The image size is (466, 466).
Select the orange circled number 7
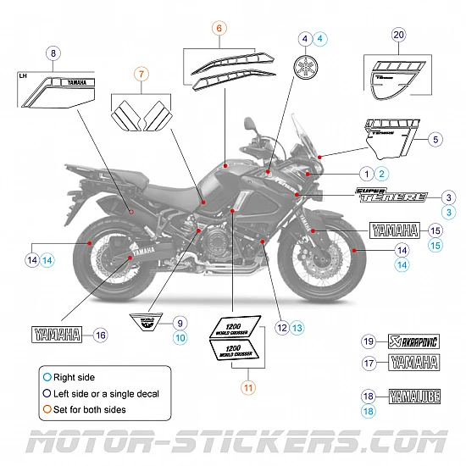[141, 75]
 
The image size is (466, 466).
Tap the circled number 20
[399, 35]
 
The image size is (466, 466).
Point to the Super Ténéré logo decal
[391, 194]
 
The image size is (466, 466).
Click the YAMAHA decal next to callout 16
[57, 334]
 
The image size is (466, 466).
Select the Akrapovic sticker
[413, 341]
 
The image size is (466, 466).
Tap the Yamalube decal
[413, 396]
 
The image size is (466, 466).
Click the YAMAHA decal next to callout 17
[413, 363]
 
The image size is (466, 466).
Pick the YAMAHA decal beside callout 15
[395, 229]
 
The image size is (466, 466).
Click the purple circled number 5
[435, 138]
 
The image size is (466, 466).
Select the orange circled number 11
[247, 387]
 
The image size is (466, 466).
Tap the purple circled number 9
[179, 323]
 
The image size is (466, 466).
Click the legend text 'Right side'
[75, 377]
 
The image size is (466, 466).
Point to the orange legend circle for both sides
[47, 410]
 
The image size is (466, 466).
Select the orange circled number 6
[219, 28]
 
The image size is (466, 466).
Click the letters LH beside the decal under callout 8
[23, 75]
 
